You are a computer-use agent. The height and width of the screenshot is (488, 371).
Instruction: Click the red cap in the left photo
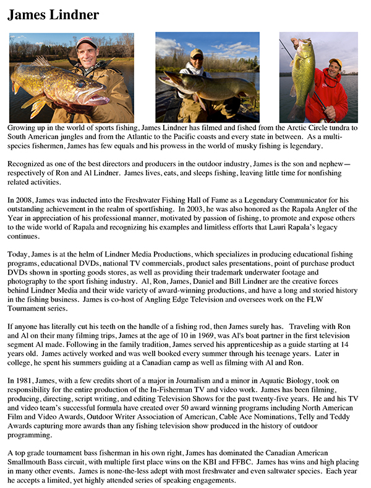coord(87,42)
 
